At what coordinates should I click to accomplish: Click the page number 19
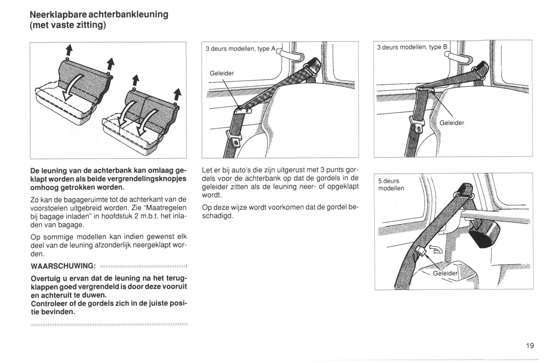[x=530, y=345]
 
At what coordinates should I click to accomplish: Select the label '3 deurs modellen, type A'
[x=241, y=49]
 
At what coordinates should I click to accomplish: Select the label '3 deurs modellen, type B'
[x=412, y=47]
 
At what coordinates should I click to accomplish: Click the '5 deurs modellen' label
[x=391, y=185]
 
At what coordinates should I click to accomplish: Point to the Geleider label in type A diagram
[x=222, y=73]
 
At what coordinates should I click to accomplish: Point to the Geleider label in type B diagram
[x=452, y=123]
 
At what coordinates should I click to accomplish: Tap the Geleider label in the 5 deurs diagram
[x=445, y=273]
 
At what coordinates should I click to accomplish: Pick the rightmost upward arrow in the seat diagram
[x=177, y=95]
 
